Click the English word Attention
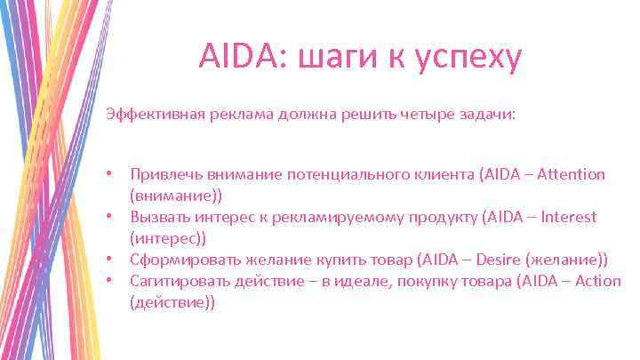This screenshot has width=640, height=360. coord(570,174)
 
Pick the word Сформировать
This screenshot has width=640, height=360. coord(184,260)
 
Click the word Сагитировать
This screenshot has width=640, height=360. coord(181,281)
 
